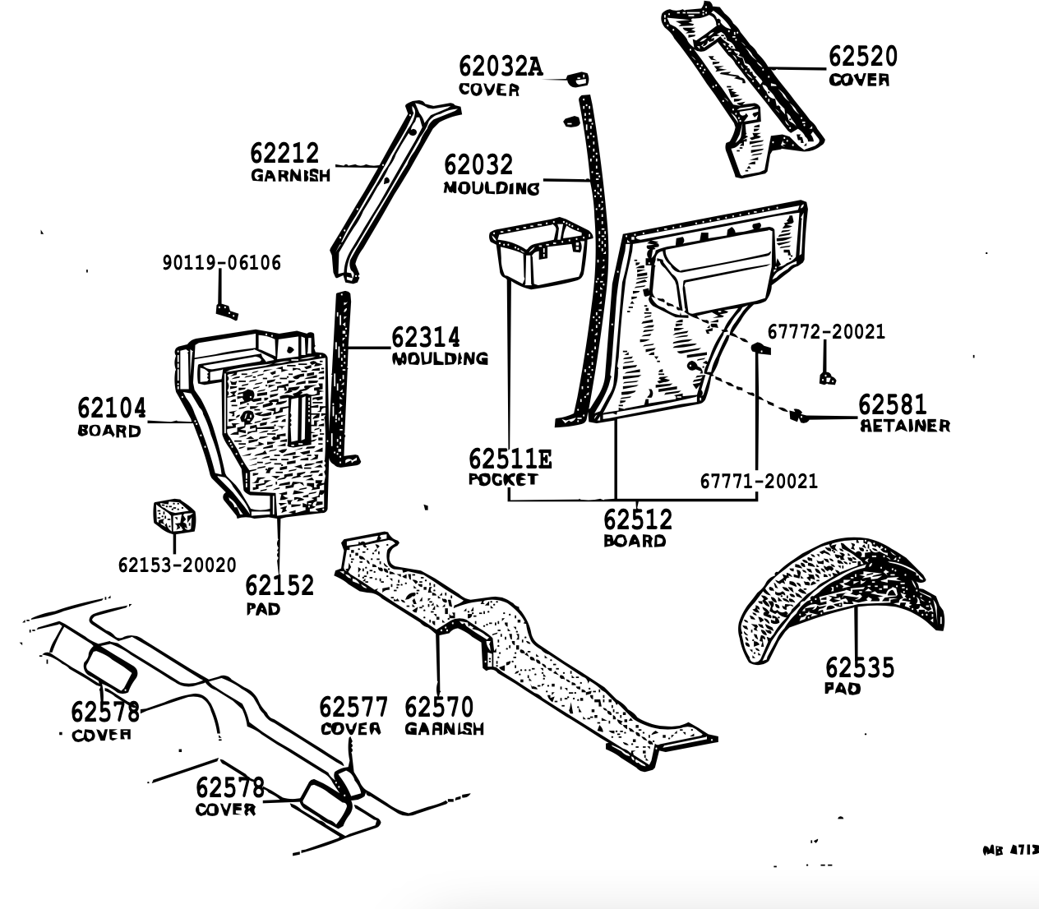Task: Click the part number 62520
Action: pos(862,57)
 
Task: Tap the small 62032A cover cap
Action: pos(578,78)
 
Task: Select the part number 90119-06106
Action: pos(221,263)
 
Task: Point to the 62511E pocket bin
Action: pos(541,256)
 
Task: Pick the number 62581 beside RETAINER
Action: pos(892,404)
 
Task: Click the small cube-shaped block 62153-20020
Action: pos(174,516)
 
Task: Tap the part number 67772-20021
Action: pos(826,331)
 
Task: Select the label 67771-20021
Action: pos(759,481)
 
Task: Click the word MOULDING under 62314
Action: pos(440,359)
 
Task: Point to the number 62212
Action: pos(284,154)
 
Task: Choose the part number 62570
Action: pos(439,708)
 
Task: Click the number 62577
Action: pos(353,708)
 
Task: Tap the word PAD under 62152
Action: pos(263,609)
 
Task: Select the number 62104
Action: pos(112,408)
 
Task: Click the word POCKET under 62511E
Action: pos(502,479)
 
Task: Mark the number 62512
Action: pos(638,519)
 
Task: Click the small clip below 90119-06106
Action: pos(226,310)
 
